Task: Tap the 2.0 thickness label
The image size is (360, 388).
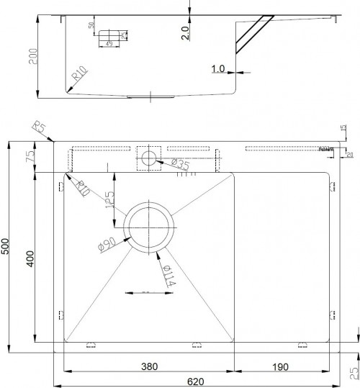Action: click(186, 32)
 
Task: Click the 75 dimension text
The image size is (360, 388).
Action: click(30, 158)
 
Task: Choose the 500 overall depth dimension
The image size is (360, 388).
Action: click(6, 247)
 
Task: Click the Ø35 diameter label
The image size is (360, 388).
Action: click(182, 166)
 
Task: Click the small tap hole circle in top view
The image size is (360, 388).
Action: click(149, 158)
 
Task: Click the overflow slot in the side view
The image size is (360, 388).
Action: click(112, 34)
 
